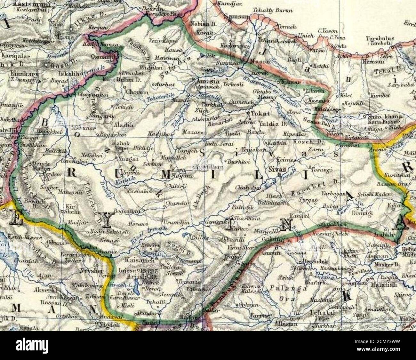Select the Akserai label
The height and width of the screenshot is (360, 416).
(x=47, y=290)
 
